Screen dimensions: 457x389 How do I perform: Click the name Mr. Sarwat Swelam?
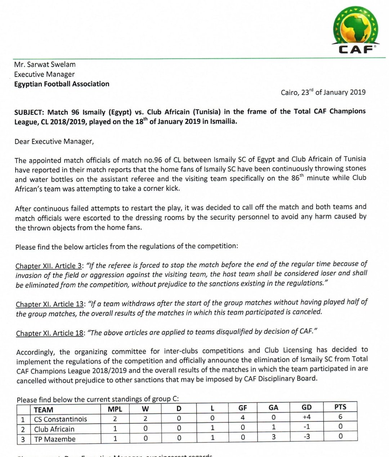[x=45, y=64]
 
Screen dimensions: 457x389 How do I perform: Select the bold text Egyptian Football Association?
[x=62, y=84]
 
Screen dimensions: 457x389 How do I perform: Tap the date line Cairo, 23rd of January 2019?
[x=323, y=92]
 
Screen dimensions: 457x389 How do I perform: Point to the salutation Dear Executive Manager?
[x=54, y=141]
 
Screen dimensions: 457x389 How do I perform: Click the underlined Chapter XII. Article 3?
[x=49, y=266]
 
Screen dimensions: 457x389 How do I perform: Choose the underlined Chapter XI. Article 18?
[x=50, y=333]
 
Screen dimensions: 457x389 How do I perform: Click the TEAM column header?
[x=44, y=410]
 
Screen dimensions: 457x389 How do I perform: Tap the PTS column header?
[x=340, y=407]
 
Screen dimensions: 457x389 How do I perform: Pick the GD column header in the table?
[x=307, y=407]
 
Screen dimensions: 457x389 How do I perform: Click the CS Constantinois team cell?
[x=60, y=419]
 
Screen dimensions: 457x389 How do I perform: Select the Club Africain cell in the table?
[x=54, y=429]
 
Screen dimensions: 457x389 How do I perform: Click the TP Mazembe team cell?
[x=55, y=439]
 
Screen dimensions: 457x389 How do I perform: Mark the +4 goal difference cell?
[x=307, y=417]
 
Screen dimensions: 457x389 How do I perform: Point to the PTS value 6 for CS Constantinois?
[x=340, y=417]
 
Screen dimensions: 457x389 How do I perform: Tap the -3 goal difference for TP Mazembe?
[x=307, y=436]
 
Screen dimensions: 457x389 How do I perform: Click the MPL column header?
[x=115, y=409]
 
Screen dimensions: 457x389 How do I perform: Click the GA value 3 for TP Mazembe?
[x=273, y=437]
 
